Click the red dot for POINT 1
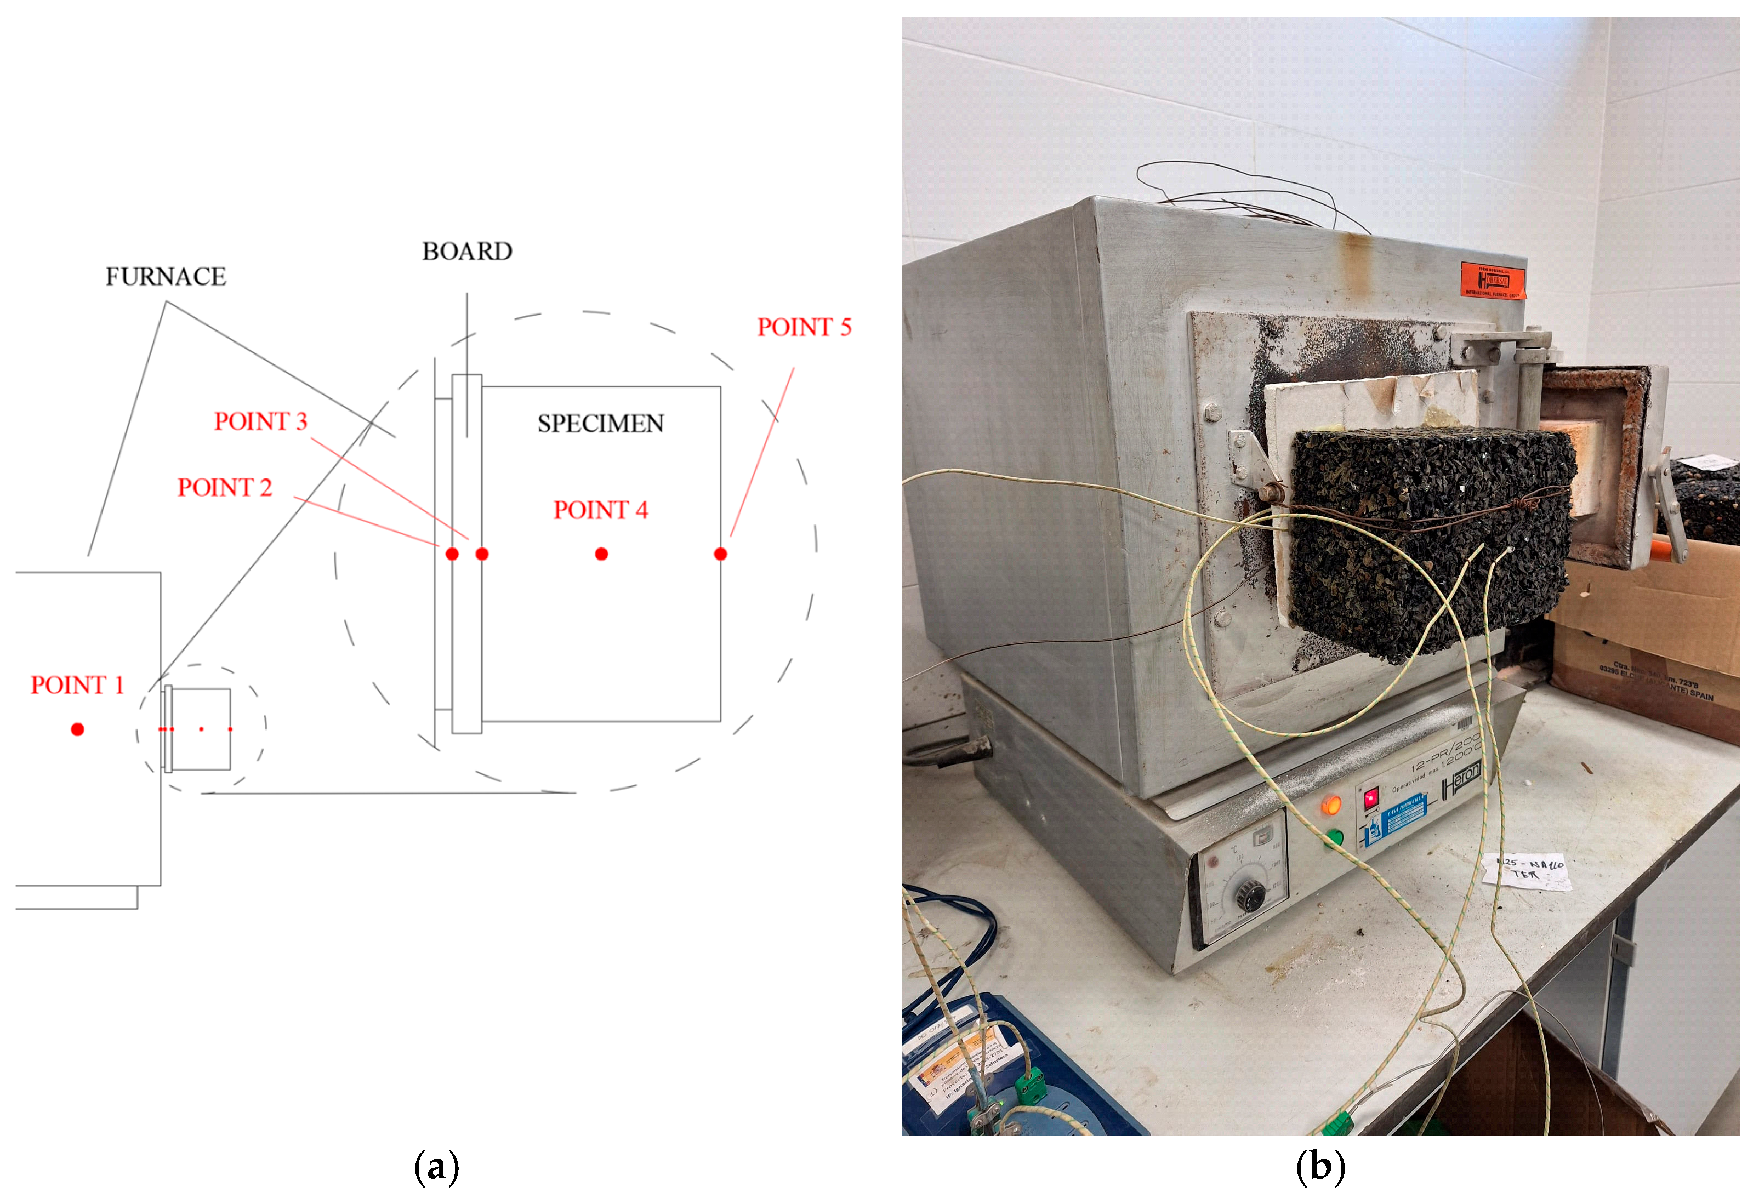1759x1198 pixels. tap(77, 729)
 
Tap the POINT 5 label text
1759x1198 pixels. tap(804, 327)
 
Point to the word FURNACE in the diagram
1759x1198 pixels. tap(165, 277)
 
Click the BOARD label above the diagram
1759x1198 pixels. tap(467, 251)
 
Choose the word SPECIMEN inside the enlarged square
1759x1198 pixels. tap(600, 424)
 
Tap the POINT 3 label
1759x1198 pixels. tap(260, 421)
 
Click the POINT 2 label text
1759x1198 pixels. tap(224, 487)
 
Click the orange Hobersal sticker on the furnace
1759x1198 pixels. tap(1493, 281)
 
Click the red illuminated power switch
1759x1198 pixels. tap(1371, 799)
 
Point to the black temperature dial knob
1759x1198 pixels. tap(1250, 896)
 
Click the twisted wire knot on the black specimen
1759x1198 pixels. tap(1525, 501)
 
